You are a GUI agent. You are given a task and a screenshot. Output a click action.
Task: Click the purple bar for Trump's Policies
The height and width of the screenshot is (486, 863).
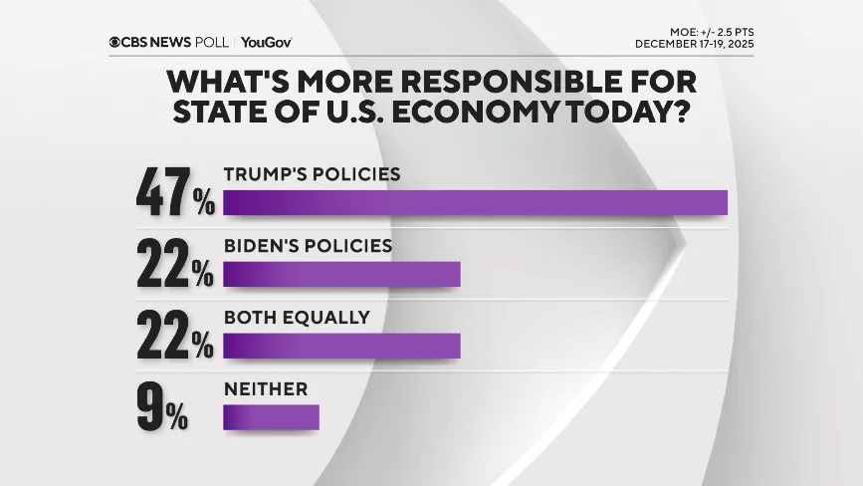(x=475, y=202)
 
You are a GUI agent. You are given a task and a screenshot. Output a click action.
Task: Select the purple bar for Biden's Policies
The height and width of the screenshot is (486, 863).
(x=341, y=274)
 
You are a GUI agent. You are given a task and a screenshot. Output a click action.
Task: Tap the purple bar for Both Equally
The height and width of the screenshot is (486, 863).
(x=341, y=346)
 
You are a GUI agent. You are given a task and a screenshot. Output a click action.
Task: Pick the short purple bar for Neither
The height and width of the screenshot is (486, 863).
(x=271, y=417)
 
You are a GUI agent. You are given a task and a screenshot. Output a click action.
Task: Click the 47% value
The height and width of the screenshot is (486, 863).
(x=175, y=194)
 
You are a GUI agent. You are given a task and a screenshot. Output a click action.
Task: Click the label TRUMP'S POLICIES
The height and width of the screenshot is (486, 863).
(x=312, y=174)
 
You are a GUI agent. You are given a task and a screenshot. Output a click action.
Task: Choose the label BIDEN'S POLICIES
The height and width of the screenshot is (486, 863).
(x=308, y=246)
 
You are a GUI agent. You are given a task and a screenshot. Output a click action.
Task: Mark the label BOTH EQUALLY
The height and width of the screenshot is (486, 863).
(x=297, y=318)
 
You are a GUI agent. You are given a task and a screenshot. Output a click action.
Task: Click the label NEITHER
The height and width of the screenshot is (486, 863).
(x=265, y=389)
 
